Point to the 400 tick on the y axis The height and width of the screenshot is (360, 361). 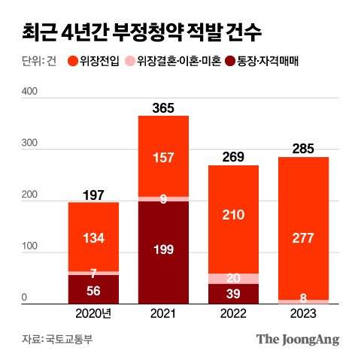click(x=29, y=91)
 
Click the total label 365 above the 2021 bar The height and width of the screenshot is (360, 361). click(x=163, y=107)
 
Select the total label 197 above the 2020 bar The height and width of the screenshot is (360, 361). click(x=93, y=195)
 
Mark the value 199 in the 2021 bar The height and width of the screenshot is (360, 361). click(x=163, y=249)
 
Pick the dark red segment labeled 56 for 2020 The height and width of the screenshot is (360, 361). click(x=93, y=289)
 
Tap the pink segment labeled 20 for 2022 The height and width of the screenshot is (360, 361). click(x=233, y=278)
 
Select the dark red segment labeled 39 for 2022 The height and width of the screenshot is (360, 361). click(x=233, y=293)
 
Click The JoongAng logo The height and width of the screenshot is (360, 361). click(x=298, y=339)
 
